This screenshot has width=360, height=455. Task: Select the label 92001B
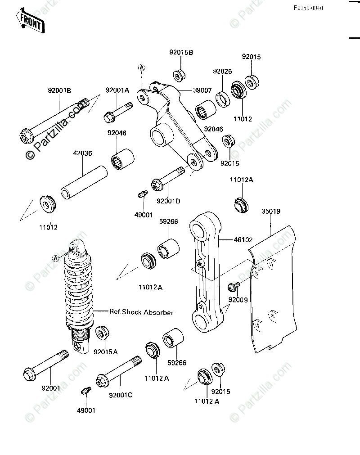pyautogui.click(x=59, y=90)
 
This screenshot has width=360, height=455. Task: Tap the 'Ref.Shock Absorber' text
pyautogui.click(x=141, y=311)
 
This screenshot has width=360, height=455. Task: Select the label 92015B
pyautogui.click(x=181, y=52)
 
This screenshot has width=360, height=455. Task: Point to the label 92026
pyautogui.click(x=222, y=71)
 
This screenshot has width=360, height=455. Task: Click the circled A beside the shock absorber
pyautogui.click(x=56, y=258)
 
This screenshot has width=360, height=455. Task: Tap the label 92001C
pyautogui.click(x=121, y=395)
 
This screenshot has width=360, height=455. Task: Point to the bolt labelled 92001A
pyautogui.click(x=118, y=111)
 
